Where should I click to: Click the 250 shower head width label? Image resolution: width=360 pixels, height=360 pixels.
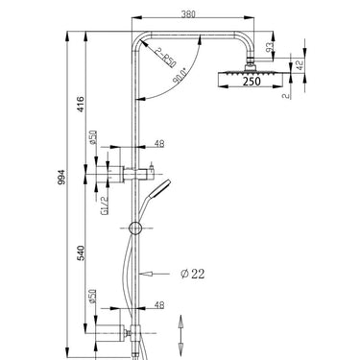click(251, 82)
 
